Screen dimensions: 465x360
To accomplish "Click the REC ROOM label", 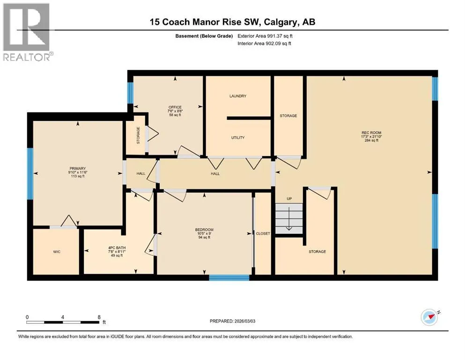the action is [x=371, y=133].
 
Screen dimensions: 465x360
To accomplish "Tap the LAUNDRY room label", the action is [x=238, y=96].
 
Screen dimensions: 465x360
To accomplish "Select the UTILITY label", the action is [x=238, y=137].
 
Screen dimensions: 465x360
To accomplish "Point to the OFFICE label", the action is [x=175, y=107].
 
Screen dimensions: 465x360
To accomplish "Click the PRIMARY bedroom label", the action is [x=78, y=168].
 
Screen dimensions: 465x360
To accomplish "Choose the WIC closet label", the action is [x=57, y=252].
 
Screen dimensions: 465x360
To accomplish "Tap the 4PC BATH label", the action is [x=117, y=247].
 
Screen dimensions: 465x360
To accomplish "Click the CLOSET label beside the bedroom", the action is [x=263, y=233].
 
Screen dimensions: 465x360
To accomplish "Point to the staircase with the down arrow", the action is [x=289, y=218].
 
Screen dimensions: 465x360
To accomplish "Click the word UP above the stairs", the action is [x=289, y=199].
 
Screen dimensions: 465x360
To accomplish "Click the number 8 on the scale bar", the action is [x=99, y=317].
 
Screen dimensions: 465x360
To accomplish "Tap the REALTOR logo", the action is [x=27, y=32].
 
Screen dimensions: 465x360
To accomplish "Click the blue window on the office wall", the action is [x=130, y=93].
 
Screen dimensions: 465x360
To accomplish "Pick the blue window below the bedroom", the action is [x=229, y=278].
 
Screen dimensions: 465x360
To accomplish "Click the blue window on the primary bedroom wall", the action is [x=30, y=173].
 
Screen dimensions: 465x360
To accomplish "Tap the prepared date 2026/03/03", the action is [x=244, y=321].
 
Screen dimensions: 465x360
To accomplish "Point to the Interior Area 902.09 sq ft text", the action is [x=264, y=43].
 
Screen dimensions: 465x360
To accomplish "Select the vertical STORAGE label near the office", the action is [x=138, y=135].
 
